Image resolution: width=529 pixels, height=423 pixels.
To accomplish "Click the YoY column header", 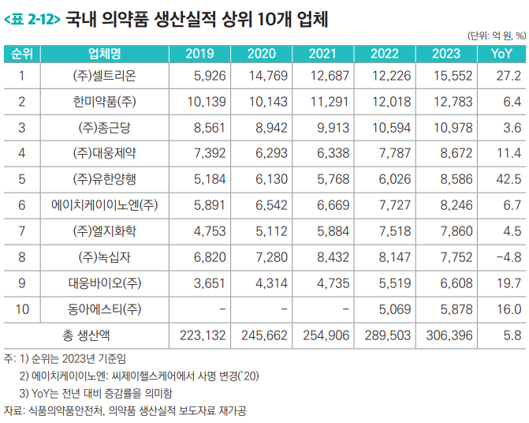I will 501,54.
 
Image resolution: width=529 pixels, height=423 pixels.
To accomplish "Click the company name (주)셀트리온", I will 103,77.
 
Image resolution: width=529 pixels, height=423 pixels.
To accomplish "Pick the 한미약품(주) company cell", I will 104,102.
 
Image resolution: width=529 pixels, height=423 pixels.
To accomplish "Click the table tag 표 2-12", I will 32,17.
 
